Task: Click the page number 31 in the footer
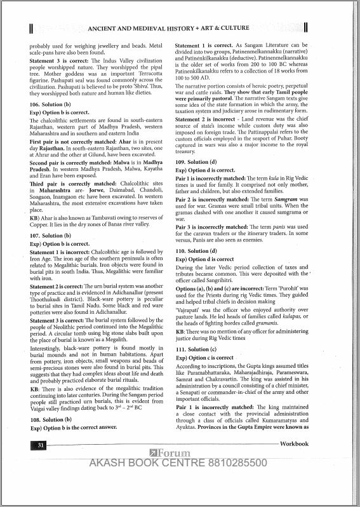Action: point(23,447)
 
